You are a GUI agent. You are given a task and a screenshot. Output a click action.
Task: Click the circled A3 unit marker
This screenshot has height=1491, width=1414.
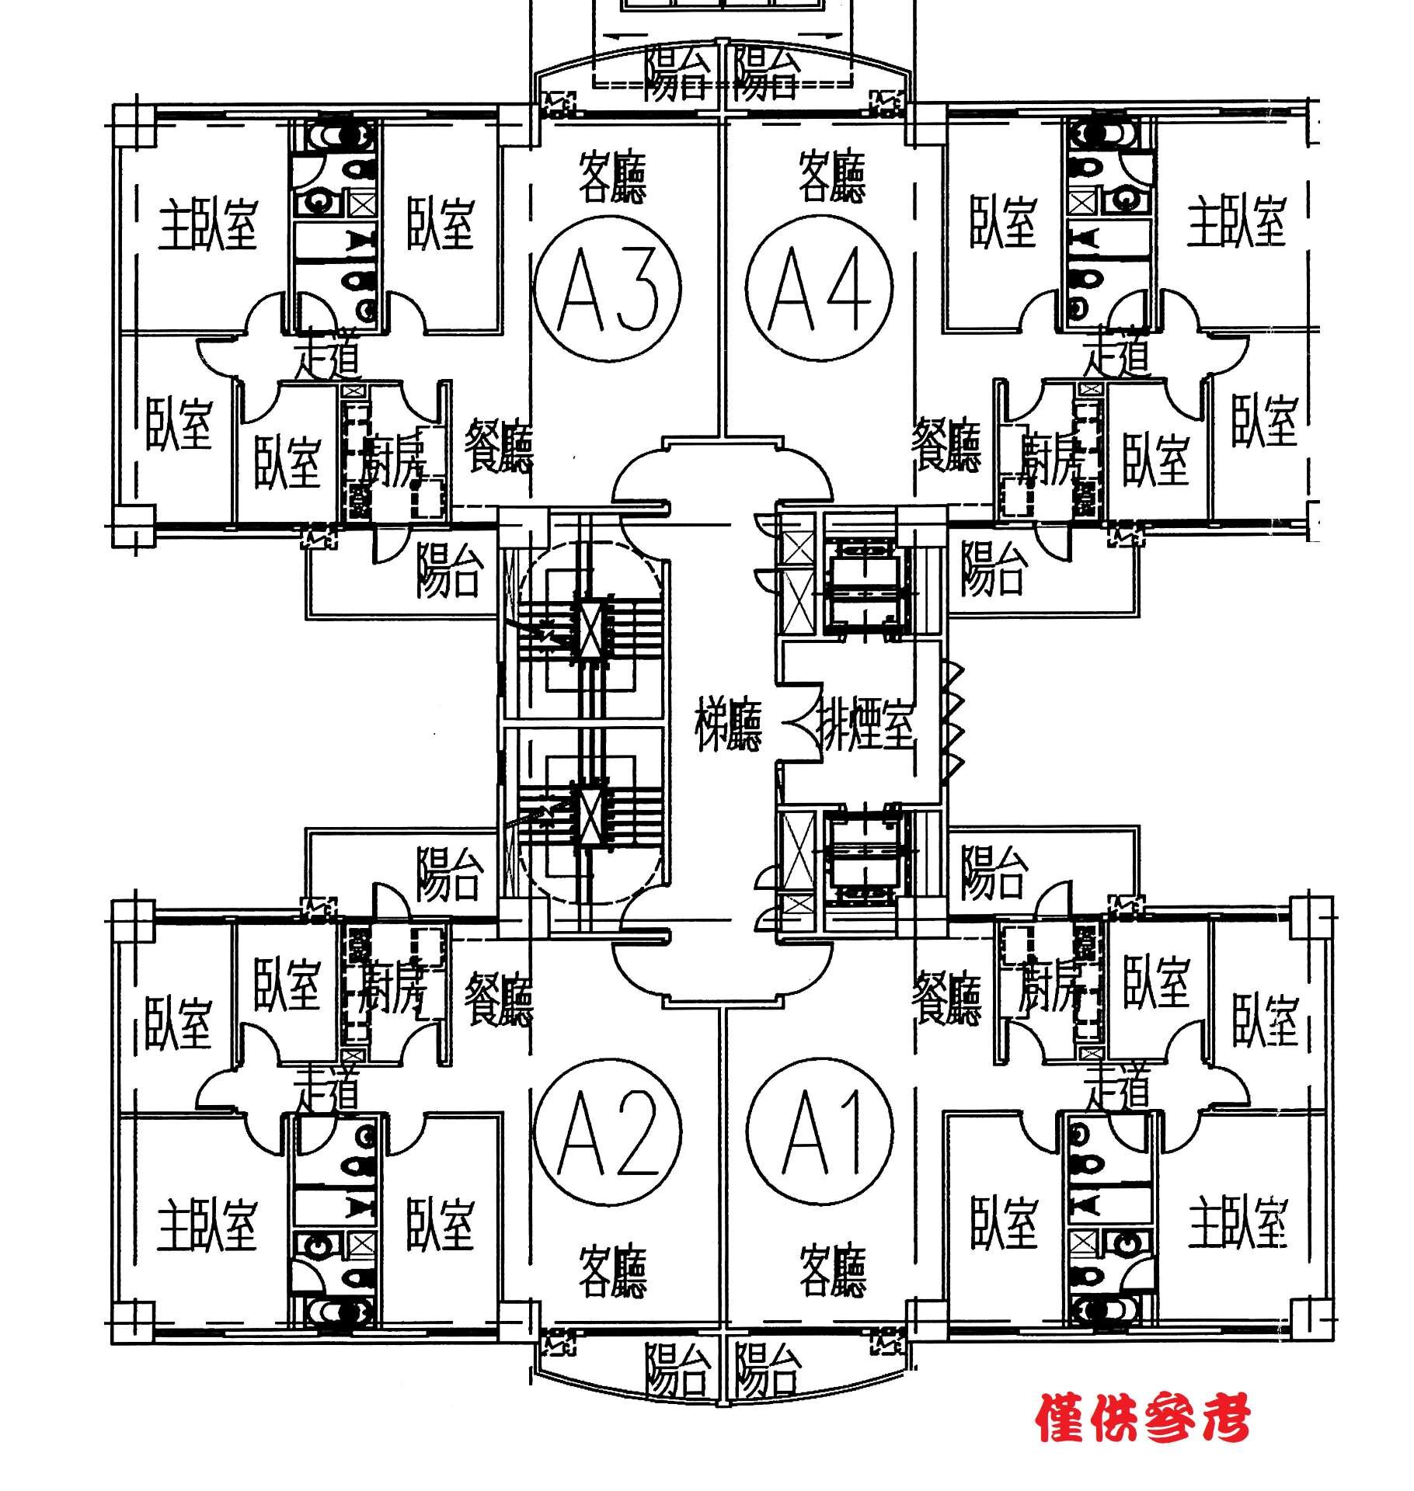(x=608, y=288)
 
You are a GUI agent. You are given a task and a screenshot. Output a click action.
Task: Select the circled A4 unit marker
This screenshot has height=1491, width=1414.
(x=819, y=288)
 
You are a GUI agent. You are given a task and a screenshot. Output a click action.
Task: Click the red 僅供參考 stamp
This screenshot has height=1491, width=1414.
(x=1142, y=1418)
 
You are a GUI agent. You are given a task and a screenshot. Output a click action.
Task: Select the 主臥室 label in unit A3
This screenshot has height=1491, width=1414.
(x=207, y=224)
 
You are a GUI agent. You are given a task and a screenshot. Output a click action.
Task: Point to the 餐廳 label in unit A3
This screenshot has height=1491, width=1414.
(x=498, y=447)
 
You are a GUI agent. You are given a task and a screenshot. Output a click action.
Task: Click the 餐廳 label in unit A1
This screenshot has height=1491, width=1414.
(x=947, y=998)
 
